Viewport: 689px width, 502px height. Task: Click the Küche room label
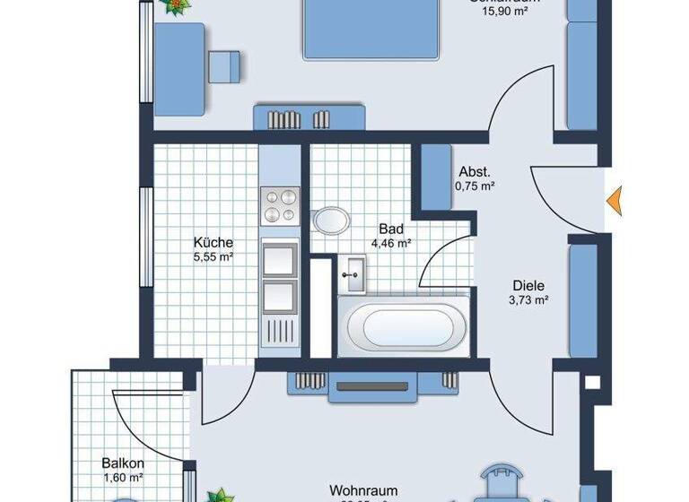pos(214,242)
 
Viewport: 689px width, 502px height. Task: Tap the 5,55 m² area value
pos(214,257)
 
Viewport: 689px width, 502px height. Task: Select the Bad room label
pos(391,229)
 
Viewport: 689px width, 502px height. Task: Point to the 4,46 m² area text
pos(391,243)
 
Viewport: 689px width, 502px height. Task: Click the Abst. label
pos(474,172)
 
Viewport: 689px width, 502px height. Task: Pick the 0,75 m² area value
pos(475,186)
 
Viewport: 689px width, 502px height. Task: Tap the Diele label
pos(529,286)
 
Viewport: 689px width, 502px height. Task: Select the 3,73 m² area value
pos(529,301)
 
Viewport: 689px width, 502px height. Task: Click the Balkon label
pos(123,463)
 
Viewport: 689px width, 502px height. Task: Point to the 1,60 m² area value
pos(123,479)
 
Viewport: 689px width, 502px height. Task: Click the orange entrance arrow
pos(615,202)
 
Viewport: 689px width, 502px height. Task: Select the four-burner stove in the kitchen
pos(279,205)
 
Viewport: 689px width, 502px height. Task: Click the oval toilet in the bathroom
pos(333,221)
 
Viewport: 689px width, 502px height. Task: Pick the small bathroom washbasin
pos(352,272)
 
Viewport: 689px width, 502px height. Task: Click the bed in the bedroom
pos(371,30)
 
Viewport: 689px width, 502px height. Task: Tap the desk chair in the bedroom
pos(225,65)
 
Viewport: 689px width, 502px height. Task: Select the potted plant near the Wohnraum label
pos(218,495)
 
